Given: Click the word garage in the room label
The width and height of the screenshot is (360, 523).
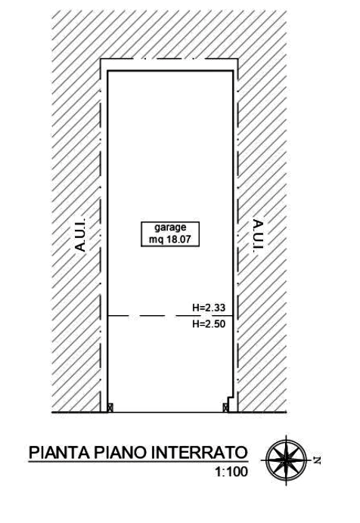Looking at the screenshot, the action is (170, 227).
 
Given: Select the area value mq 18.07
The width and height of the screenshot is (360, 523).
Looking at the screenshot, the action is (170, 240).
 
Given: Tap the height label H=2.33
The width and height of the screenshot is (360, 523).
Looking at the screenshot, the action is (209, 308).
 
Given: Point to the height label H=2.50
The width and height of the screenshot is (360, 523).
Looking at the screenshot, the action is (209, 323).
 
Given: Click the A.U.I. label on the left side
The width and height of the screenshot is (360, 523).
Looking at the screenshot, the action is (81, 234).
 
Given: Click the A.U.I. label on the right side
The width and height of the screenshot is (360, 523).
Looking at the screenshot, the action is (258, 236).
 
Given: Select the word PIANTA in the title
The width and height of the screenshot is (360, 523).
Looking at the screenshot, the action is (60, 453).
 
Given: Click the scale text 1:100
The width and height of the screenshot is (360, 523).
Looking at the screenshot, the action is (231, 472).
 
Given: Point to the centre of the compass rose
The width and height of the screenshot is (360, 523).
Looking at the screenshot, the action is (287, 460).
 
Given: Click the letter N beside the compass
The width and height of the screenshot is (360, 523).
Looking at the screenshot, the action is (317, 460).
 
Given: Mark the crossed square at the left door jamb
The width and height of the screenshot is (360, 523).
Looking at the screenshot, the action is (110, 407).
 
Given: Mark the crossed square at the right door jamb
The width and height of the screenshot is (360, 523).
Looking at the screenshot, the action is (226, 407).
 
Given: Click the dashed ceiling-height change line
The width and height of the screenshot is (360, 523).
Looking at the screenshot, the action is (170, 315).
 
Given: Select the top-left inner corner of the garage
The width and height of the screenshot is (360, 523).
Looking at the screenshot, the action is (108, 71).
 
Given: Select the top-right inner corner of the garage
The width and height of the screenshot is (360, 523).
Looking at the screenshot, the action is (232, 71).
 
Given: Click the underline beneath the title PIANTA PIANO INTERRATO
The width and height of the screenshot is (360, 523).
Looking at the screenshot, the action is (138, 462).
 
